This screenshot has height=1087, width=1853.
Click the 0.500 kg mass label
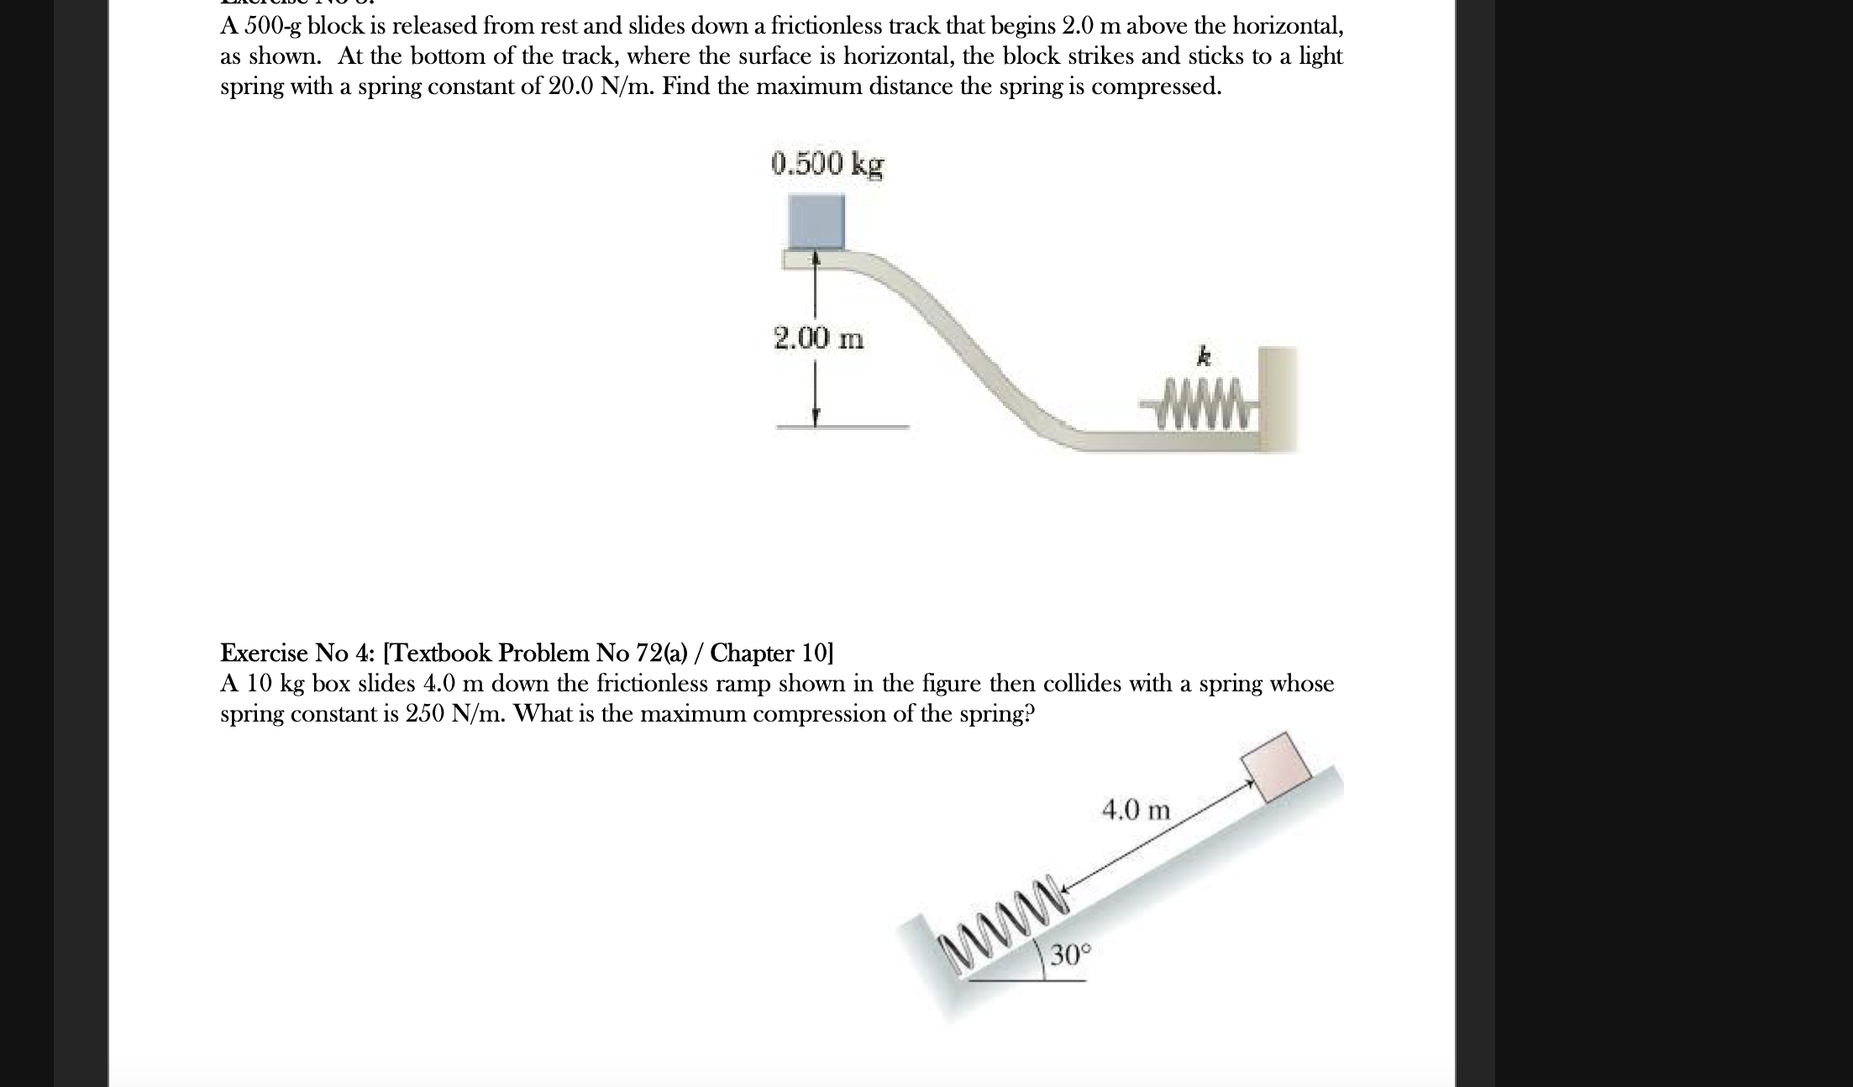click(x=827, y=164)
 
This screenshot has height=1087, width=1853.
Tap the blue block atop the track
click(x=816, y=222)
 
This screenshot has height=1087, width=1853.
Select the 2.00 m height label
click(x=818, y=339)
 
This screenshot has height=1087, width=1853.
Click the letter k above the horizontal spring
click(x=1204, y=358)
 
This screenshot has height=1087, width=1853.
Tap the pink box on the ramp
click(x=1276, y=768)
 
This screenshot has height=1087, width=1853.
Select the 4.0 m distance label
click(x=1135, y=811)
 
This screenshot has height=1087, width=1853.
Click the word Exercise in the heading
click(x=264, y=653)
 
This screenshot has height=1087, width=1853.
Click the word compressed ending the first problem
click(x=1168, y=87)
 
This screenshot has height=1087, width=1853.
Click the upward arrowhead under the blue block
click(x=815, y=260)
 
